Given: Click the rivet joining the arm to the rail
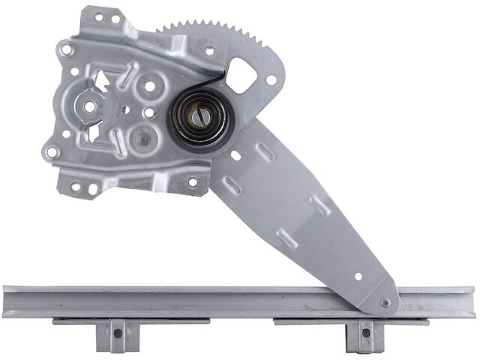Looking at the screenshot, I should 385,302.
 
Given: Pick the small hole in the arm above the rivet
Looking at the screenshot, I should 358,275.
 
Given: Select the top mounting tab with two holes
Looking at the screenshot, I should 104,22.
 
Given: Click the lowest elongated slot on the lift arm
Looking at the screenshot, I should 286,241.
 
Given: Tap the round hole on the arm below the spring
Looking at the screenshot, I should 235,157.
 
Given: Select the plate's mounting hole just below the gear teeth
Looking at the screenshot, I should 208,52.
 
